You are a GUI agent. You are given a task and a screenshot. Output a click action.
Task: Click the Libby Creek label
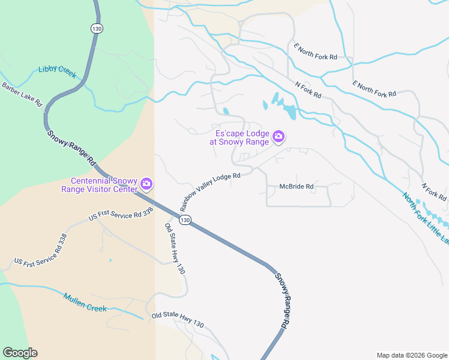57,71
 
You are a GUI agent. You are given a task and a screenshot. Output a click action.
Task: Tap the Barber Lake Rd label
21,95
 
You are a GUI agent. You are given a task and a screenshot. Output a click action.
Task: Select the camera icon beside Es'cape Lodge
279,137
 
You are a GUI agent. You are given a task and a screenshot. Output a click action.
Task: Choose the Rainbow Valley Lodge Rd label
209,191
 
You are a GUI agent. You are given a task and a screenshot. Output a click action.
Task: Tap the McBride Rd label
297,187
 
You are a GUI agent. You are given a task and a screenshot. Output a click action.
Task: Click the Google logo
20,353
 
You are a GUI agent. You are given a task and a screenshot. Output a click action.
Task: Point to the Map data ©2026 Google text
411,355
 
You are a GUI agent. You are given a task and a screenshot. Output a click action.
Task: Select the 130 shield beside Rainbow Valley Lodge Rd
185,220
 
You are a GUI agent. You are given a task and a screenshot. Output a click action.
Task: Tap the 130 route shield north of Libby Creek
96,28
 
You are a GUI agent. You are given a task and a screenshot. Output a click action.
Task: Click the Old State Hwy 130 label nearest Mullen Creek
178,320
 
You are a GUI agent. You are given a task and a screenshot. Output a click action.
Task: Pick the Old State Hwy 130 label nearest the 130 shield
175,248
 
